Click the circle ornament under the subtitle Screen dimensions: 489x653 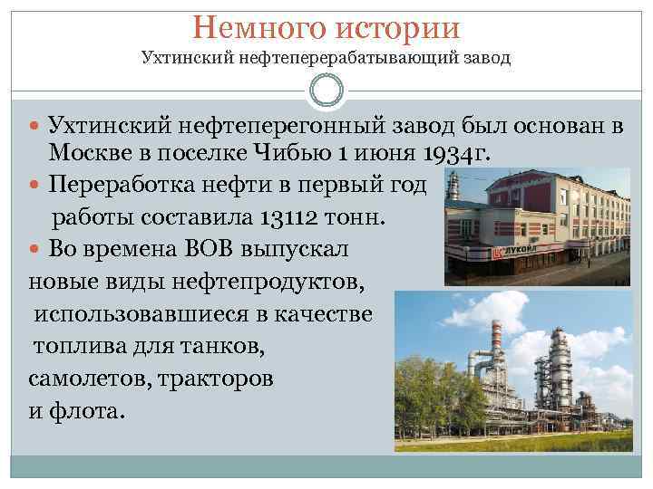[326, 91]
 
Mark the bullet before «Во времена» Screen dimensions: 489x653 [36, 248]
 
